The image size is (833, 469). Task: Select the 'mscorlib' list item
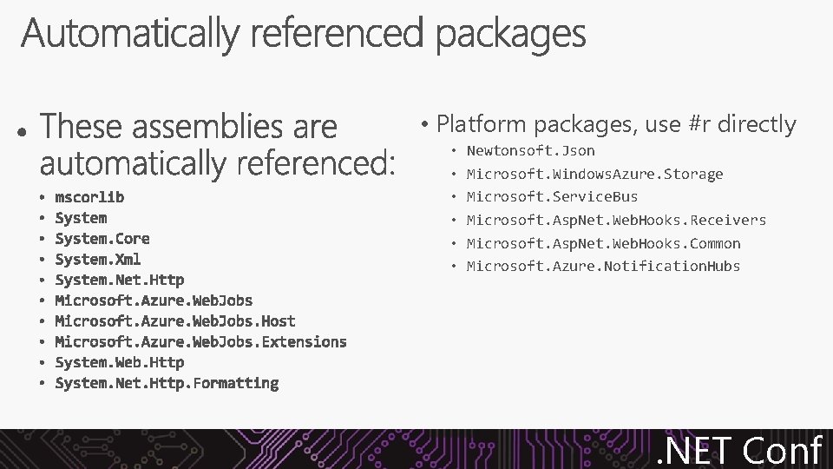(x=89, y=197)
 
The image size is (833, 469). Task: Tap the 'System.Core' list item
(x=102, y=238)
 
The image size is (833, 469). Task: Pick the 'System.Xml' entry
(x=97, y=259)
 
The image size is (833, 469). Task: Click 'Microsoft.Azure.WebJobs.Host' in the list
(x=174, y=321)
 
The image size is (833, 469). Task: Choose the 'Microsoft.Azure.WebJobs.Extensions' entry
(x=200, y=341)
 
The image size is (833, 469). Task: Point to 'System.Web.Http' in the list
(x=119, y=362)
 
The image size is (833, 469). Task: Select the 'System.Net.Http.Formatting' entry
(x=167, y=383)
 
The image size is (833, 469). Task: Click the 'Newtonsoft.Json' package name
(x=530, y=151)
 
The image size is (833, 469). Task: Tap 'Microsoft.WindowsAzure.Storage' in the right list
(x=594, y=175)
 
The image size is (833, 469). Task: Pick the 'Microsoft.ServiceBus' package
(x=552, y=197)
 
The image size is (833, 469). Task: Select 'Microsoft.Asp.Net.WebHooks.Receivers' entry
(x=616, y=221)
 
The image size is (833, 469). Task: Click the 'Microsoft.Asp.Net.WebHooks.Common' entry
(x=603, y=243)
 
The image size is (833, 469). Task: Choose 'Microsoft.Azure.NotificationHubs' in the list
(x=603, y=266)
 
